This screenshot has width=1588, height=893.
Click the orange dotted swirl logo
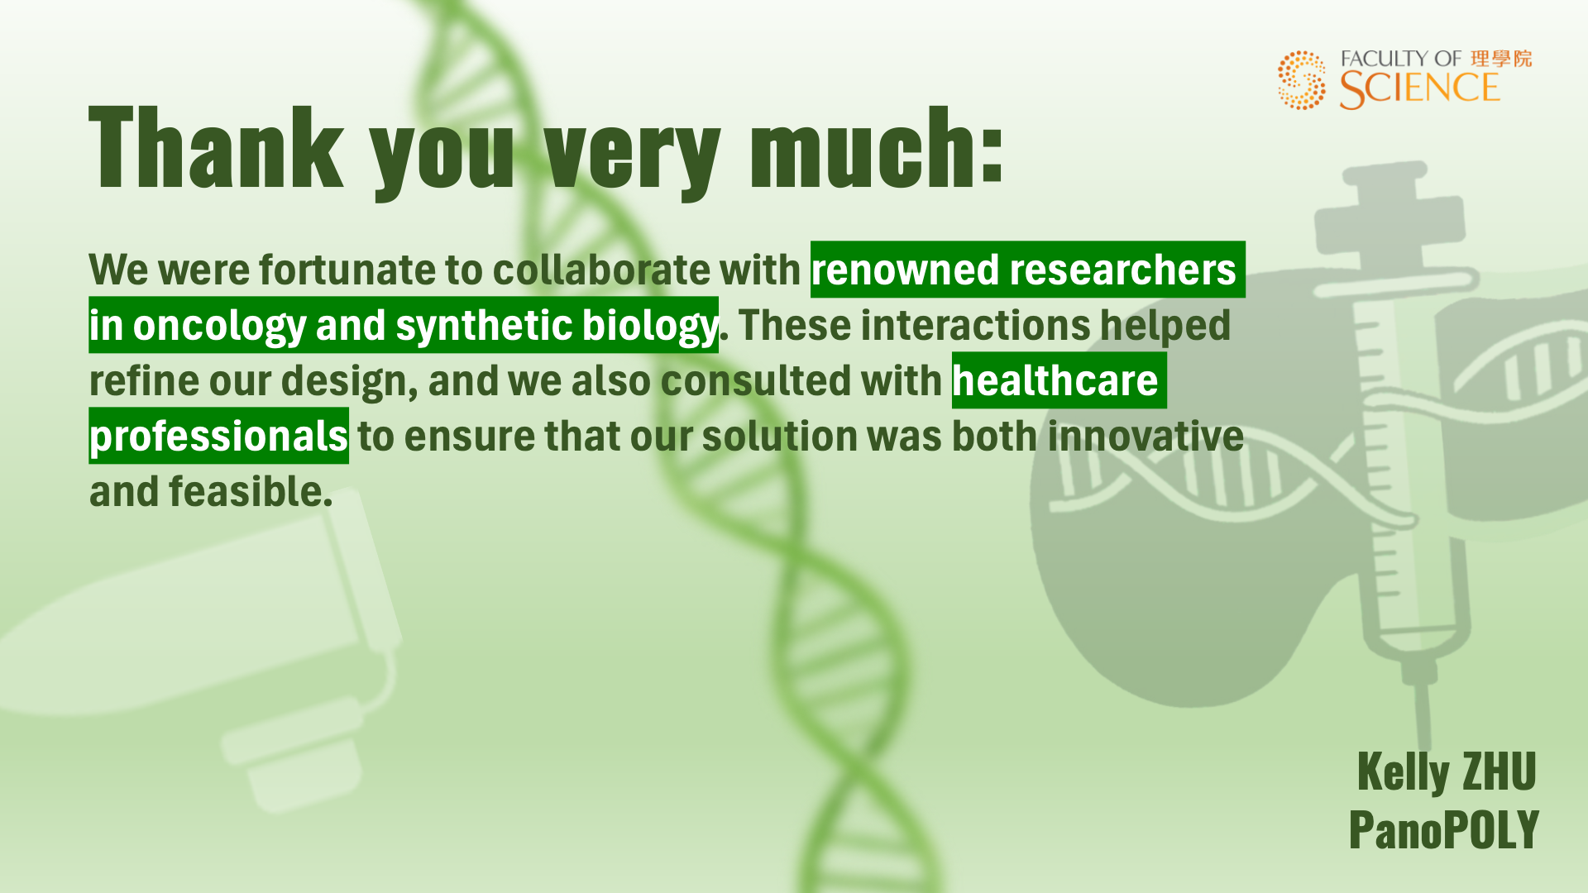[1301, 80]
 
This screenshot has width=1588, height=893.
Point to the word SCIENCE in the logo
[1419, 89]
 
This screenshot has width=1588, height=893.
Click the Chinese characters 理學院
[1500, 59]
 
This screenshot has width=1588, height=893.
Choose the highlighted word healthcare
[1055, 380]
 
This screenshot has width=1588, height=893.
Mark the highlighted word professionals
[218, 437]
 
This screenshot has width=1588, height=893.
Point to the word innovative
[1146, 436]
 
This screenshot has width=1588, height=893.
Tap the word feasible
[251, 491]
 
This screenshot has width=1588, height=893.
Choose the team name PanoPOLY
[1444, 829]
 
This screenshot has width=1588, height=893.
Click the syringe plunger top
[1385, 172]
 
